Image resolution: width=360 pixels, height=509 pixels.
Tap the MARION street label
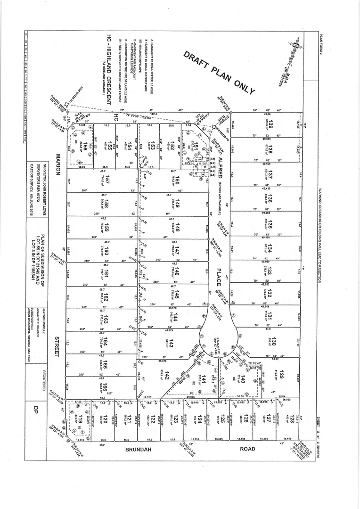tap(58, 164)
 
